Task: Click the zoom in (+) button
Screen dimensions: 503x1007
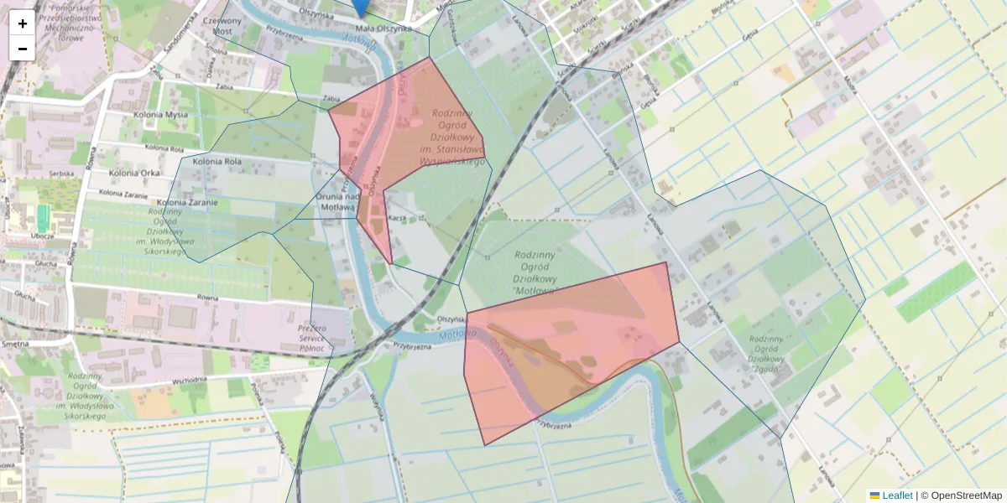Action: [23, 23]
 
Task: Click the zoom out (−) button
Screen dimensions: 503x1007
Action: [23, 49]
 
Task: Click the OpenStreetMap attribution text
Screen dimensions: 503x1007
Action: [966, 495]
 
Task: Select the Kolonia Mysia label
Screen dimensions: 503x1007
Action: [159, 115]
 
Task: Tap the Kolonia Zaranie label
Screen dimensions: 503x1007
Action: [186, 202]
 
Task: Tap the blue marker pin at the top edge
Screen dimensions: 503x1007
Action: [360, 7]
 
